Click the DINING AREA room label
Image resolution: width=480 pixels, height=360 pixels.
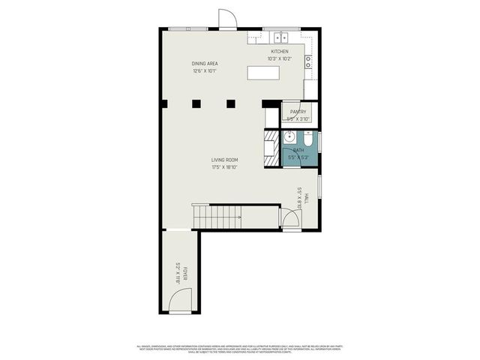pyautogui.click(x=204, y=64)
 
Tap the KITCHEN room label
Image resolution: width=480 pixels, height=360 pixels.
pyautogui.click(x=279, y=52)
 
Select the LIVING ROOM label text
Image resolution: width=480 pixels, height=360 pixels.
pyautogui.click(x=224, y=160)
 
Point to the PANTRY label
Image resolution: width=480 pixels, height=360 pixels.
pyautogui.click(x=298, y=112)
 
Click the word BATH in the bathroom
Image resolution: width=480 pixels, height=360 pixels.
pyautogui.click(x=298, y=151)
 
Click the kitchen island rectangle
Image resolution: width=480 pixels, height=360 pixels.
pyautogui.click(x=263, y=73)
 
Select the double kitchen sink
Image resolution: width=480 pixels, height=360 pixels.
pyautogui.click(x=280, y=36)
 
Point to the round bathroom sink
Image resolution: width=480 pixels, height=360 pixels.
pyautogui.click(x=289, y=137)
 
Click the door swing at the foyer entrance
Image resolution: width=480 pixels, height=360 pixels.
pyautogui.click(x=178, y=302)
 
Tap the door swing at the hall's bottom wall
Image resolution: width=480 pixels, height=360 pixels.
pyautogui.click(x=289, y=219)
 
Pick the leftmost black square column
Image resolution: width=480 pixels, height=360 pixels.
pyautogui.click(x=195, y=103)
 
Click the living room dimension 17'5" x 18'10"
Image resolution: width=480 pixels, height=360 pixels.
pyautogui.click(x=224, y=167)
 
